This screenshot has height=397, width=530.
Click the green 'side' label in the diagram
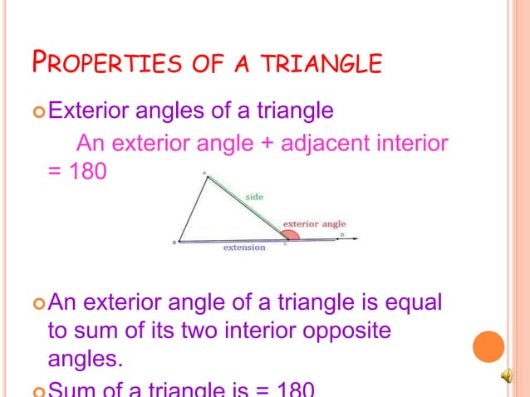pyautogui.click(x=253, y=196)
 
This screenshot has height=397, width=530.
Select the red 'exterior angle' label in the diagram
pyautogui.click(x=314, y=223)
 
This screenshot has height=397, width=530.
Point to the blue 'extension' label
pyautogui.click(x=244, y=248)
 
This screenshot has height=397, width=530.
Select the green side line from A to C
pyautogui.click(x=245, y=207)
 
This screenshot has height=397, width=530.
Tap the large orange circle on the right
pyautogui.click(x=488, y=346)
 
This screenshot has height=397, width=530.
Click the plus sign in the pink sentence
pyautogui.click(x=267, y=145)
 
